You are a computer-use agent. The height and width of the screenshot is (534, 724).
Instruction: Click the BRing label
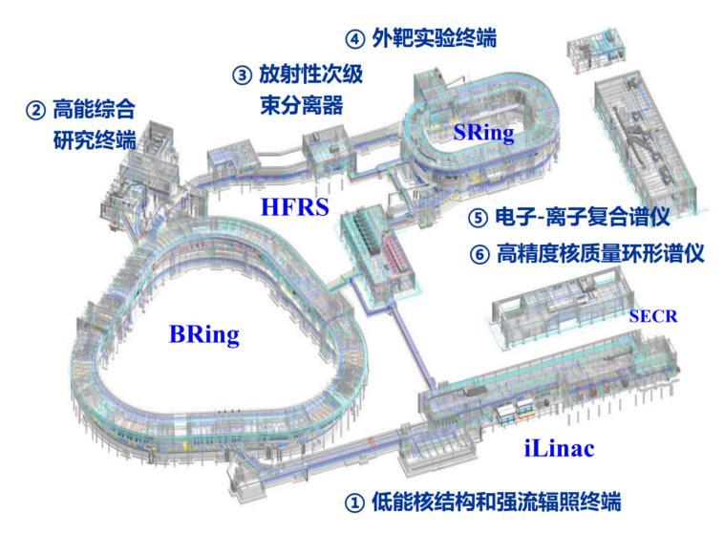point(204,335)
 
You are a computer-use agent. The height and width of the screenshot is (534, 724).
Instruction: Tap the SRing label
point(483,133)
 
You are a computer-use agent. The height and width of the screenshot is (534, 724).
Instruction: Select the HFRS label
point(295,206)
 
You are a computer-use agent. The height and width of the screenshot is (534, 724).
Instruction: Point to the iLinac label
point(559,448)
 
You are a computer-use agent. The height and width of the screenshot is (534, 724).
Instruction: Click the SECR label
point(653,316)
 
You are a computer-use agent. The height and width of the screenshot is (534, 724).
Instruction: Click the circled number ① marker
point(354,502)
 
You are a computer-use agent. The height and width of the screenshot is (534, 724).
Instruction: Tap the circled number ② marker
point(35,111)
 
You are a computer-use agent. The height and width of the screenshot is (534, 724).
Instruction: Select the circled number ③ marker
point(242,75)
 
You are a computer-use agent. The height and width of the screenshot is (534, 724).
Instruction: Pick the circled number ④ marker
point(355,39)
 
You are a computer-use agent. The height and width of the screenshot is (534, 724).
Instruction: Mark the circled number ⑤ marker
point(478,218)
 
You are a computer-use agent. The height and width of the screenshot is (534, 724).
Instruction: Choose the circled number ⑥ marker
point(479,254)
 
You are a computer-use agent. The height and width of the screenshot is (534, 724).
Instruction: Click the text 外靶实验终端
point(434,38)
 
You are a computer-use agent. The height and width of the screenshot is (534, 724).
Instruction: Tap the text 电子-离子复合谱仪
point(583,217)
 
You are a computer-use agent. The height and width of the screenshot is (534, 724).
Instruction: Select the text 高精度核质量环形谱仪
point(600,253)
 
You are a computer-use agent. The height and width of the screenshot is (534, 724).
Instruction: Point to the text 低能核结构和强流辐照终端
point(497,502)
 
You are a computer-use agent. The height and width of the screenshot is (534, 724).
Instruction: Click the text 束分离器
point(302,105)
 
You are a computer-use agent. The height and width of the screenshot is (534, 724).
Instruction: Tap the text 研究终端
point(95,140)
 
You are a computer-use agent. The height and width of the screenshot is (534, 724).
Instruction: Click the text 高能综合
point(94,110)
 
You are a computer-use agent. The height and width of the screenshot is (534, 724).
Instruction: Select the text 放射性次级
point(311,75)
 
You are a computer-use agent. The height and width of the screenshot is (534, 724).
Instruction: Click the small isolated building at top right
point(597,50)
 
